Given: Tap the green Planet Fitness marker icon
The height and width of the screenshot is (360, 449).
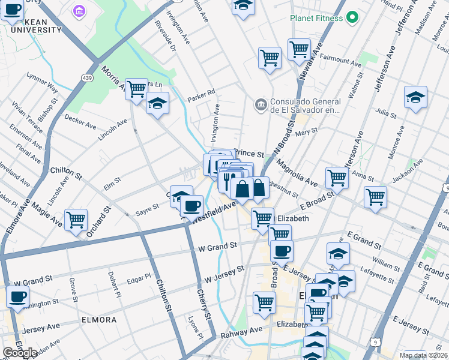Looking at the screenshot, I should [352, 18].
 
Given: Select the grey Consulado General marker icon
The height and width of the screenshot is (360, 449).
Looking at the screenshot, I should [261, 106].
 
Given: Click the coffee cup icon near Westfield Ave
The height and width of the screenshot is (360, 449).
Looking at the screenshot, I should [191, 206].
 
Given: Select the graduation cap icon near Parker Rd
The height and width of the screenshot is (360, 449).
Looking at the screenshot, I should [157, 103].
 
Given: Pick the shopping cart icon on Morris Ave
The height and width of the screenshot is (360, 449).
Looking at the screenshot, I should [137, 89].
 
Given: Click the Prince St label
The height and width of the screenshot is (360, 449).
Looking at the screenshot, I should [249, 154].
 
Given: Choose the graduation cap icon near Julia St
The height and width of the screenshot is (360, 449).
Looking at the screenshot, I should [415, 97].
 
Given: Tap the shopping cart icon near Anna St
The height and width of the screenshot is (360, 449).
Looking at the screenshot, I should [337, 178].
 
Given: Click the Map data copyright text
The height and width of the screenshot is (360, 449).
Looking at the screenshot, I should [423, 355].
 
